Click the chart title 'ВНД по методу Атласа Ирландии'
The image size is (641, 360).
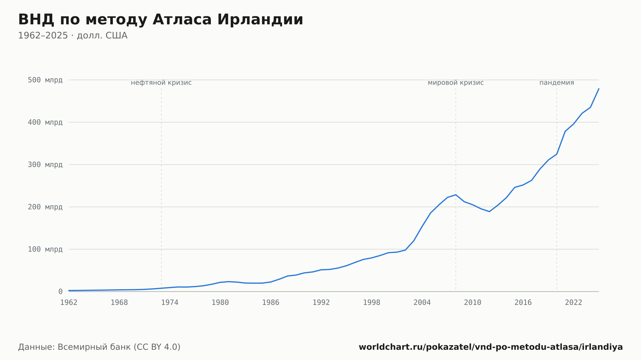click(x=161, y=20)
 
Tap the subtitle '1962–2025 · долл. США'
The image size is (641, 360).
click(x=73, y=36)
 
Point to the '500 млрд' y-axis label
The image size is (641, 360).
click(x=45, y=80)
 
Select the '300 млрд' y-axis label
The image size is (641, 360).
click(x=45, y=165)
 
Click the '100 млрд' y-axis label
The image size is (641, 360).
click(x=45, y=249)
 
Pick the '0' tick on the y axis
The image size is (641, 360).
click(x=61, y=292)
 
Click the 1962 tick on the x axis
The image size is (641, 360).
click(x=69, y=303)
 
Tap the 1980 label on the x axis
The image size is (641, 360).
click(x=220, y=303)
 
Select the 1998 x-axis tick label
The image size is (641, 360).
click(x=372, y=303)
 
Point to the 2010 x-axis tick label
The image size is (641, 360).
click(x=473, y=303)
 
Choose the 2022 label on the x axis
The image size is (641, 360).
click(x=574, y=303)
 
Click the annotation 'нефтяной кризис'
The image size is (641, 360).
click(x=161, y=83)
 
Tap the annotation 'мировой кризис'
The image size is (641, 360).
click(x=456, y=83)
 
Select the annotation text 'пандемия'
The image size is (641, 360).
click(x=557, y=83)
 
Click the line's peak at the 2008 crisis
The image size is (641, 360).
click(x=456, y=195)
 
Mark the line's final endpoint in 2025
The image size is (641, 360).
click(x=599, y=89)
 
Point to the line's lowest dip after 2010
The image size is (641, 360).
click(x=489, y=211)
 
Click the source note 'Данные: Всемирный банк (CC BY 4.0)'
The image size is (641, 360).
click(x=99, y=347)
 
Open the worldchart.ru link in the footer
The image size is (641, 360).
click(x=491, y=347)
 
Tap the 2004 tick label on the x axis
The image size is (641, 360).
click(x=422, y=303)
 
